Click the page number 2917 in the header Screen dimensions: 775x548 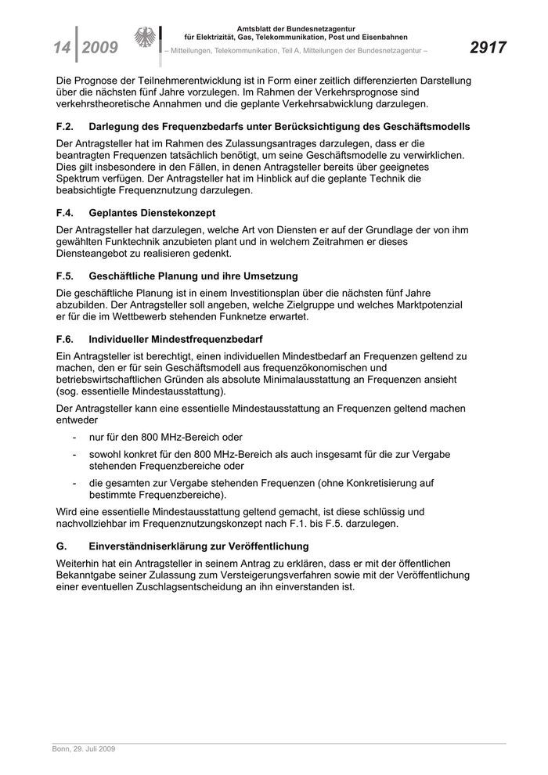pos(488,48)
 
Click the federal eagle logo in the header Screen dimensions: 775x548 pos(145,38)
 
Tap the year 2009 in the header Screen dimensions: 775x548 pos(99,49)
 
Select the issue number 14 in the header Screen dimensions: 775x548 pos(62,49)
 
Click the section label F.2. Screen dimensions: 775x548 pos(65,126)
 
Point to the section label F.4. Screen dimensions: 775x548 pos(65,213)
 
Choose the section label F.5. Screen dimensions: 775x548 pos(65,276)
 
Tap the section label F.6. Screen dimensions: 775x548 pos(65,340)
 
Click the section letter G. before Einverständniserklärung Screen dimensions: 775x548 pos(62,546)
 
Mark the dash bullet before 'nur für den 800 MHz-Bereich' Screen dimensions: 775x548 pos(74,437)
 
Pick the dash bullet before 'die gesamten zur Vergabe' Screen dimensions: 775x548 pos(74,482)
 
